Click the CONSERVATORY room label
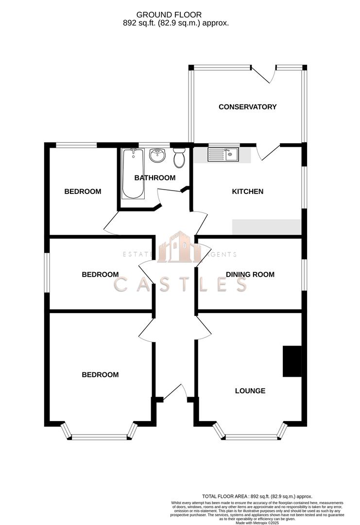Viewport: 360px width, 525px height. pos(247,107)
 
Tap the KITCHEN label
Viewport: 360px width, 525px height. pos(247,192)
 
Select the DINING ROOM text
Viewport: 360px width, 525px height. pos(250,275)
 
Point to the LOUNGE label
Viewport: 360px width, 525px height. pos(250,391)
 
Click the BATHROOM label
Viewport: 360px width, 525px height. pos(154,178)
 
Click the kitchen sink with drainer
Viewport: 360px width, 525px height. pos(223,155)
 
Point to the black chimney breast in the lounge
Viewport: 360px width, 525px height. pos(292,361)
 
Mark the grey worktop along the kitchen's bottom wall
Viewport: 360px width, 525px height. pos(267,227)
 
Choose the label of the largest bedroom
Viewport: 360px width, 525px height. pos(100,375)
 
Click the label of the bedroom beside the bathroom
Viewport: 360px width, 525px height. pos(83,192)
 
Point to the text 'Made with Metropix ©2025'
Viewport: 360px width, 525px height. pos(257,523)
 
